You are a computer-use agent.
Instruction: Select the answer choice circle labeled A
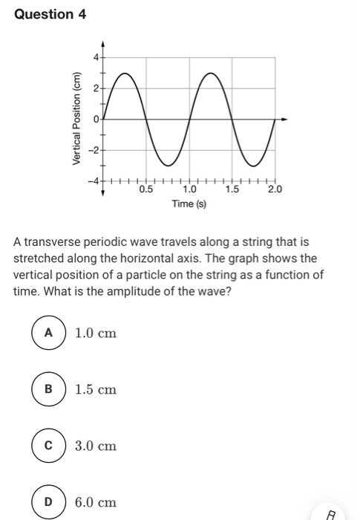click(x=49, y=333)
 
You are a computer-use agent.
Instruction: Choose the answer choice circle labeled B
click(x=49, y=389)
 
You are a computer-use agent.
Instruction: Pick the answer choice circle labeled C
click(x=49, y=446)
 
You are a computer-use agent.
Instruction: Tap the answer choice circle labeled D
click(x=49, y=502)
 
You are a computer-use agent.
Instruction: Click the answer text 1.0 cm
click(x=96, y=334)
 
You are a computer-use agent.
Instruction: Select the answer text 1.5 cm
click(x=96, y=390)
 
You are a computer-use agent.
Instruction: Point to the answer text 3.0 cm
click(x=96, y=446)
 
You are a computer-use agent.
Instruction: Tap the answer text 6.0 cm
click(x=96, y=503)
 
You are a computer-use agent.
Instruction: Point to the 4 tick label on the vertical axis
click(x=95, y=57)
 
